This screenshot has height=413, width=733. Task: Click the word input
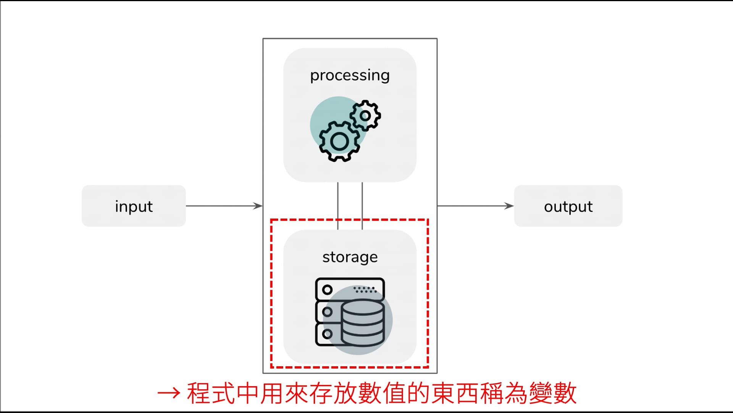click(134, 206)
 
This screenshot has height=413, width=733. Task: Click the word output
click(568, 206)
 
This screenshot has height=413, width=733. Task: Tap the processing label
click(350, 75)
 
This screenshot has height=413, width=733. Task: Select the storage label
click(350, 257)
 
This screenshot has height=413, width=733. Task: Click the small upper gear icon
click(365, 115)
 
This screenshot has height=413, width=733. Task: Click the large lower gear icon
click(339, 141)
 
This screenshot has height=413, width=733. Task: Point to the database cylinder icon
click(363, 323)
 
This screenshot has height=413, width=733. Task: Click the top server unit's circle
click(327, 289)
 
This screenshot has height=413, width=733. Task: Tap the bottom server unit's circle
click(327, 334)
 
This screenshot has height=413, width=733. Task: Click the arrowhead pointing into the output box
click(509, 206)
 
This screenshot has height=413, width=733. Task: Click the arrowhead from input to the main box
click(258, 206)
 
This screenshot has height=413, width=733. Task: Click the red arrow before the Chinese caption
click(168, 393)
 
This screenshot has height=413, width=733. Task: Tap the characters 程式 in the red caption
click(210, 393)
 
